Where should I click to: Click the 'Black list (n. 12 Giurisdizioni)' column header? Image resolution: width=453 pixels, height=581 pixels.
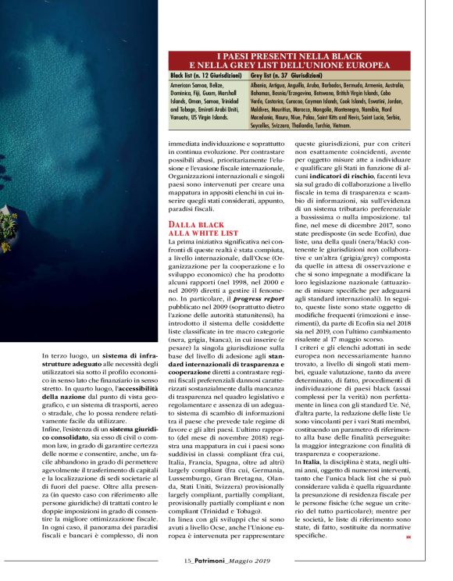(x=208, y=77)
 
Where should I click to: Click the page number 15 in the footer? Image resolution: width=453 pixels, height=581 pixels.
(x=187, y=561)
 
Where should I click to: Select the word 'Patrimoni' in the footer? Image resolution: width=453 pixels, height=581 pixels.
(x=212, y=561)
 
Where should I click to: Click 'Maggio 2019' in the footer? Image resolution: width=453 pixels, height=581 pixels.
(x=250, y=561)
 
